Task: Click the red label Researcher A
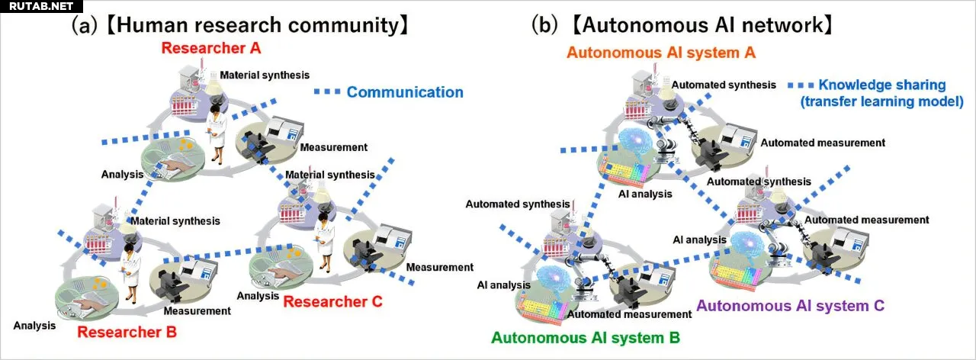[211, 49]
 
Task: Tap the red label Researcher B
[127, 333]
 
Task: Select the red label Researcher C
[333, 301]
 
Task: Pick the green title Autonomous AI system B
[586, 337]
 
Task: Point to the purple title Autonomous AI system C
[790, 306]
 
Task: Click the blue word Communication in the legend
[405, 92]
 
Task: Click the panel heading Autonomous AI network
[701, 25]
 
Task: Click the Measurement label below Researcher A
[333, 147]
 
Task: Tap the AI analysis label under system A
[645, 194]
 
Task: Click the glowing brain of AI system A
[637, 143]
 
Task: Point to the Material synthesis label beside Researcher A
[265, 75]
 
